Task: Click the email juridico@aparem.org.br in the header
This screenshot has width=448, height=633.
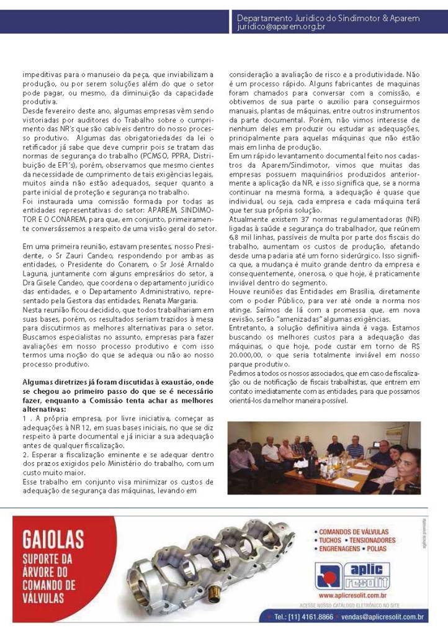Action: (281, 27)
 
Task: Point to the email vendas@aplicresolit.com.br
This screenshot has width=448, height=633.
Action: (385, 617)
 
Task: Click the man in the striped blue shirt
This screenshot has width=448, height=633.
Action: (355, 448)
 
